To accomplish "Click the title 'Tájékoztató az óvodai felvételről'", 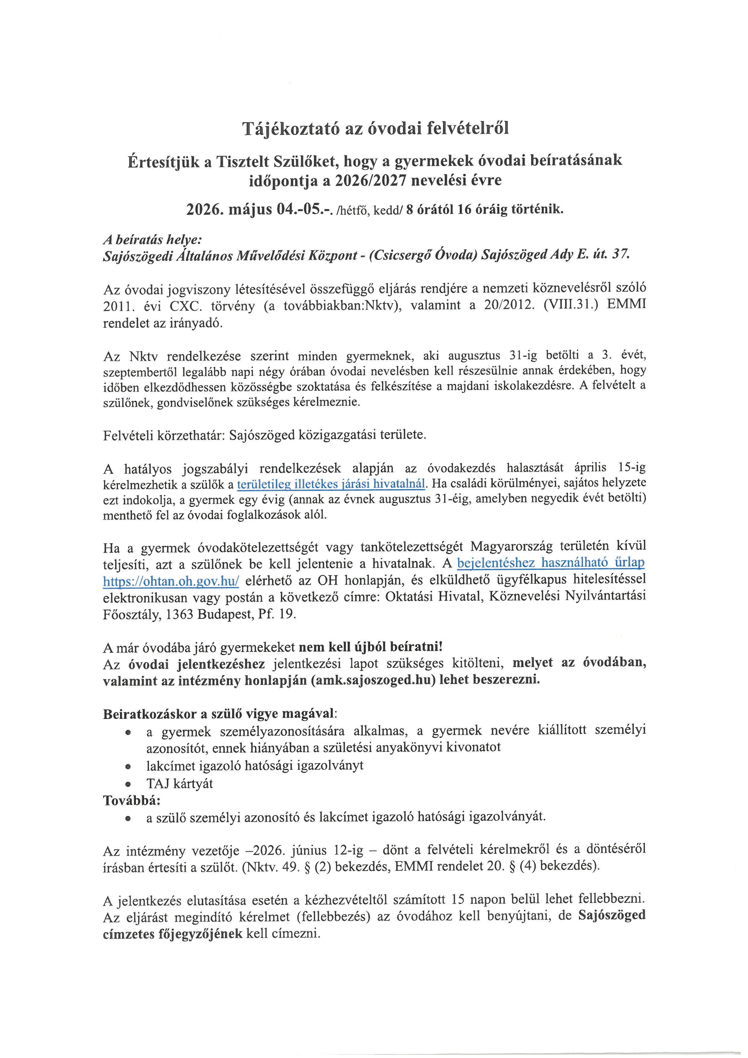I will pyautogui.click(x=376, y=129).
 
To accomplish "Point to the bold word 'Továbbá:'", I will pyautogui.click(x=132, y=800).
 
